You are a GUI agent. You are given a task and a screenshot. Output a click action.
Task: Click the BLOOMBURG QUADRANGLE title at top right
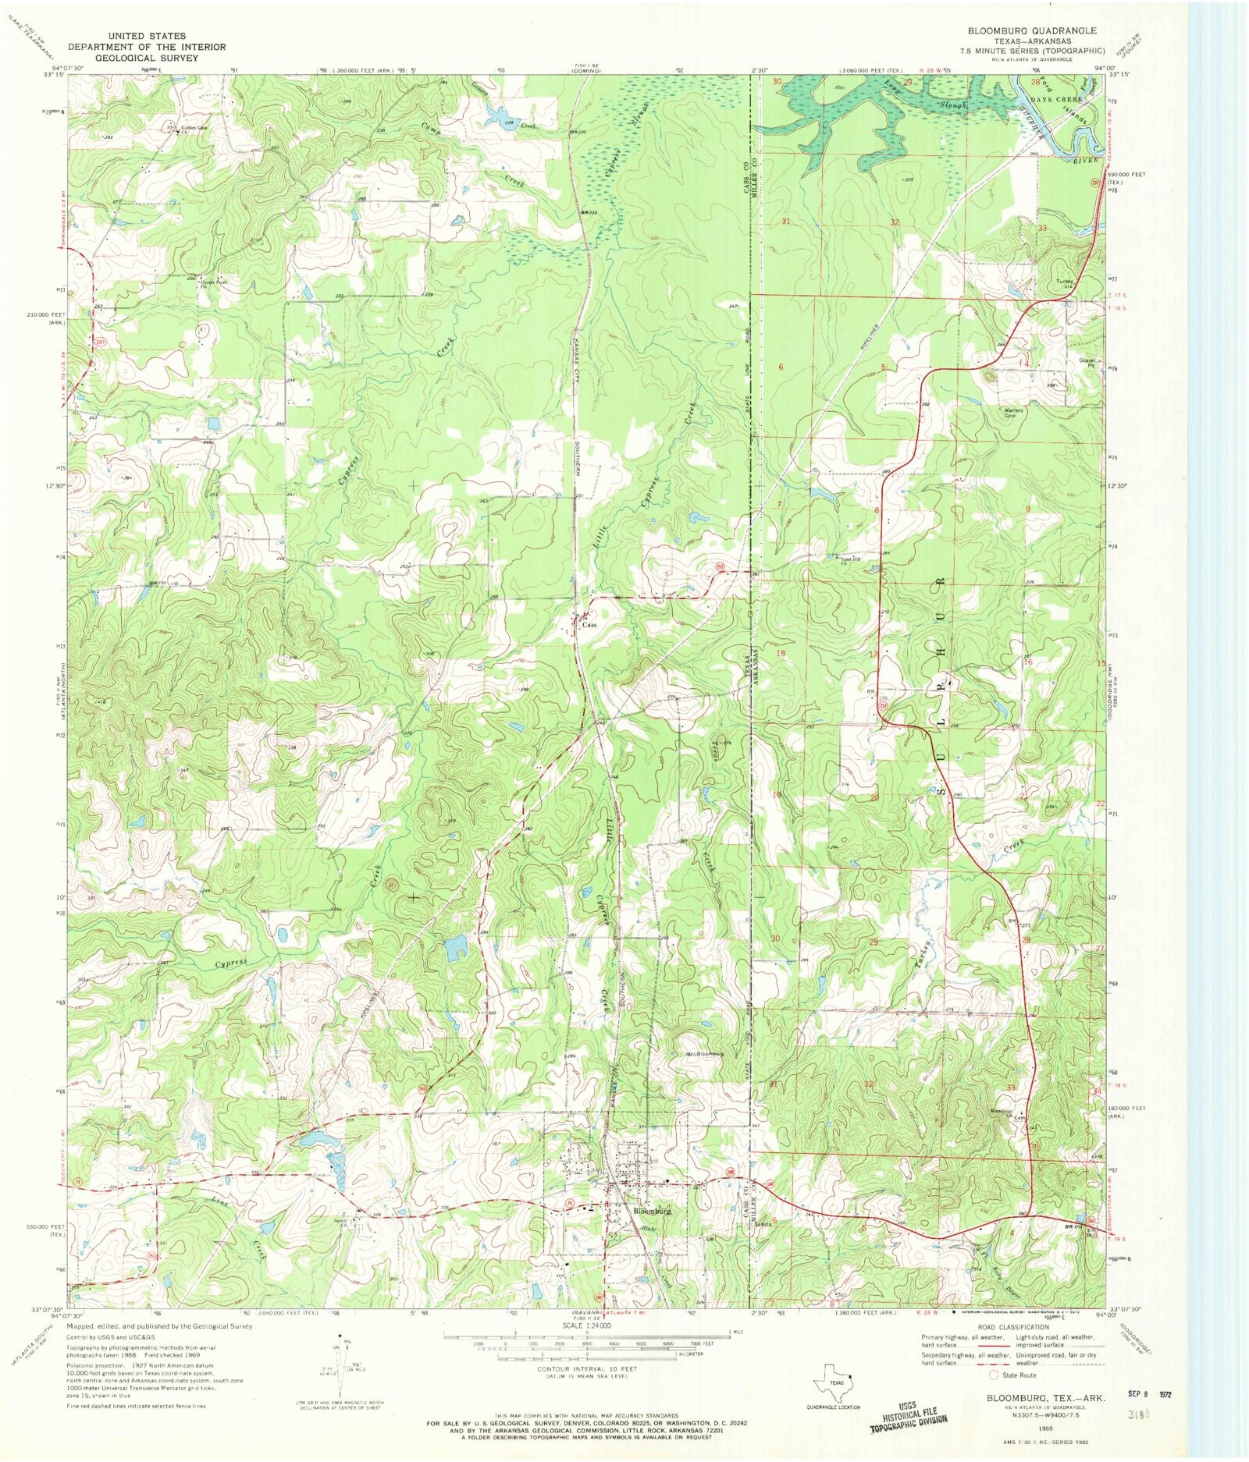pyautogui.click(x=1032, y=30)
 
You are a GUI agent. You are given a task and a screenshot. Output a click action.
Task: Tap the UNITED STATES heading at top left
pyautogui.click(x=147, y=36)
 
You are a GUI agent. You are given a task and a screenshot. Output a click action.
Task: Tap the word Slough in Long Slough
pyautogui.click(x=952, y=104)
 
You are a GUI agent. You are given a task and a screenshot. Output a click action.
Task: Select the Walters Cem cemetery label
pyautogui.click(x=1013, y=413)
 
